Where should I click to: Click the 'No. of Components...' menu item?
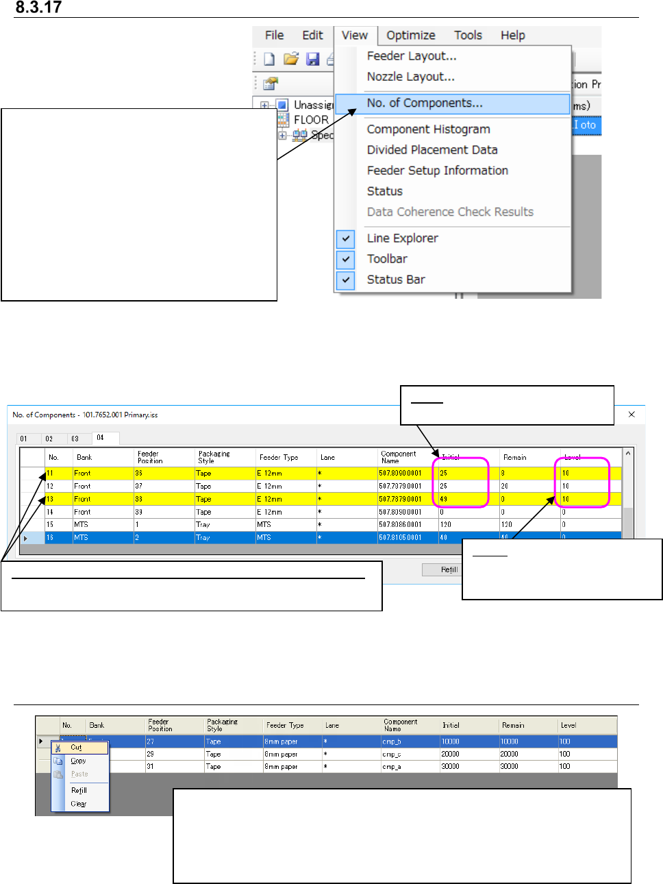(425, 103)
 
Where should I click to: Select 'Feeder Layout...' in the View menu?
(411, 56)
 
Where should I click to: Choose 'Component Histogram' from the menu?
(428, 130)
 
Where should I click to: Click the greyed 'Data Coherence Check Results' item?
(449, 212)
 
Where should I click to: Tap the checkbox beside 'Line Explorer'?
(346, 238)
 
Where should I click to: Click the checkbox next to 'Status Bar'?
(346, 280)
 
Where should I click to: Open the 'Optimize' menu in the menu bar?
(410, 36)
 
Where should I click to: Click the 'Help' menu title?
(512, 36)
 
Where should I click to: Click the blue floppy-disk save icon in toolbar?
(313, 60)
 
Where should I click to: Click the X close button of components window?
(631, 415)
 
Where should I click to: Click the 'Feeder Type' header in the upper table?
(279, 457)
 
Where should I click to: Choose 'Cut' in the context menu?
(76, 748)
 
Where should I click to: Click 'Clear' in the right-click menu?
(79, 804)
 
